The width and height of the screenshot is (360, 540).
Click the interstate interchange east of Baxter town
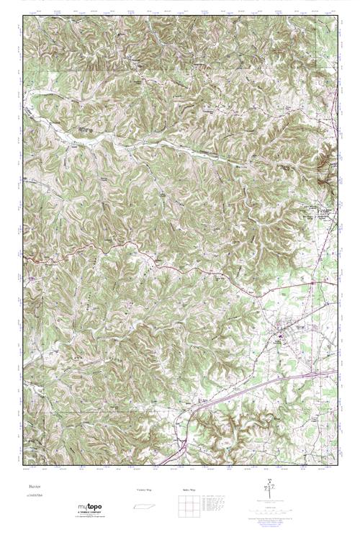[311, 374]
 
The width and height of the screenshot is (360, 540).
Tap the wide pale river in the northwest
[79, 130]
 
